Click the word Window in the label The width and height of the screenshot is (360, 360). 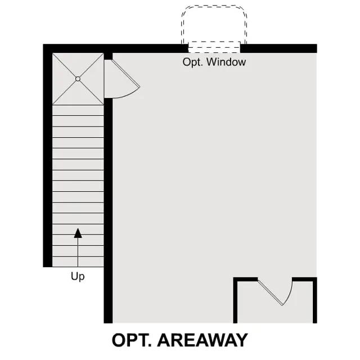click(226, 62)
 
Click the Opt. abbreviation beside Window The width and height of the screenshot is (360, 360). click(192, 62)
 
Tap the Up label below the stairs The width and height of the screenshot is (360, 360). click(78, 276)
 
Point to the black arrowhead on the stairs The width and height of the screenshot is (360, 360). click(78, 233)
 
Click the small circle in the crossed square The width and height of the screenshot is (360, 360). click(78, 79)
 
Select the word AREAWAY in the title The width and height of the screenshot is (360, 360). click(202, 340)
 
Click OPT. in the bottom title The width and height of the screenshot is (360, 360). click(132, 340)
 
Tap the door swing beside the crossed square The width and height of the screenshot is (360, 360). click(122, 79)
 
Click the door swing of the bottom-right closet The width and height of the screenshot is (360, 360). click(275, 291)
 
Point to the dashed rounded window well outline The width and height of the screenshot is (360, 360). click(214, 24)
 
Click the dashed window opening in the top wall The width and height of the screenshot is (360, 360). click(214, 47)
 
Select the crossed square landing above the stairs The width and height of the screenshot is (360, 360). click(78, 79)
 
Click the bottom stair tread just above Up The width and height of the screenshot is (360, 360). click(78, 262)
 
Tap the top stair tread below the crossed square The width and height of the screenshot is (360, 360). click(78, 110)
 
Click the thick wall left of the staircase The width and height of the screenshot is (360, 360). click(47, 156)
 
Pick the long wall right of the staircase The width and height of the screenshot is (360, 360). click(108, 211)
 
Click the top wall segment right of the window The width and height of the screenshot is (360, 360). click(278, 48)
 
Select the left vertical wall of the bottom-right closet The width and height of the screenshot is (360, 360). click(235, 300)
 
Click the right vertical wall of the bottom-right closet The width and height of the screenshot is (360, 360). click(315, 300)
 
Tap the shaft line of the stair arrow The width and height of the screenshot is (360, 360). click(78, 252)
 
